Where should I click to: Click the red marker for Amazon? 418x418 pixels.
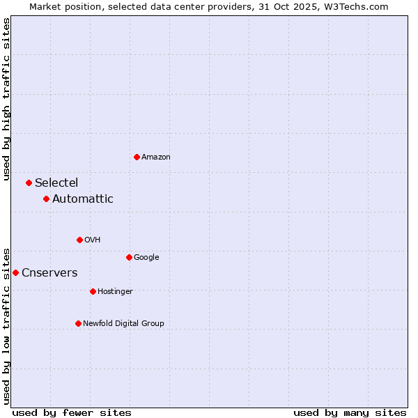click(137, 157)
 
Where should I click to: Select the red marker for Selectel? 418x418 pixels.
click(29, 183)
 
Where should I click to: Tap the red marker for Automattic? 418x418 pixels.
click(46, 199)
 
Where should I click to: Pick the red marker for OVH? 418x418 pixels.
click(79, 240)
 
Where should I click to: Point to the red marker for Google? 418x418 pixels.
click(129, 257)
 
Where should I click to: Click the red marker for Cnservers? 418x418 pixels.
click(15, 272)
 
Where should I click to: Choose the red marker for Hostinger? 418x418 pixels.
click(93, 291)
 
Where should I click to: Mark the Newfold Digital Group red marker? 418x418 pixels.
click(78, 323)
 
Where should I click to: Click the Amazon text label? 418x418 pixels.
click(156, 157)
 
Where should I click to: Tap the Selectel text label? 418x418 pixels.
click(56, 183)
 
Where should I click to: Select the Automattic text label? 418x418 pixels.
click(83, 199)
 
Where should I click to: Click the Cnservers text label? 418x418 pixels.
click(49, 272)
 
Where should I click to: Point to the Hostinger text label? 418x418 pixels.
click(115, 291)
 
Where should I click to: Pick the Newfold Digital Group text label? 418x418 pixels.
click(123, 323)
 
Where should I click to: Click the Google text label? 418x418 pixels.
click(146, 257)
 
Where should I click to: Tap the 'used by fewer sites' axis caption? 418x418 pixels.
click(72, 412)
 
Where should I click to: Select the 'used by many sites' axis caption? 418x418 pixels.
click(350, 412)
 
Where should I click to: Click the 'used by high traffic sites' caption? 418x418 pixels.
click(6, 98)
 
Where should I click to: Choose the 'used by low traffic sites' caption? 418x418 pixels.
click(6, 325)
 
